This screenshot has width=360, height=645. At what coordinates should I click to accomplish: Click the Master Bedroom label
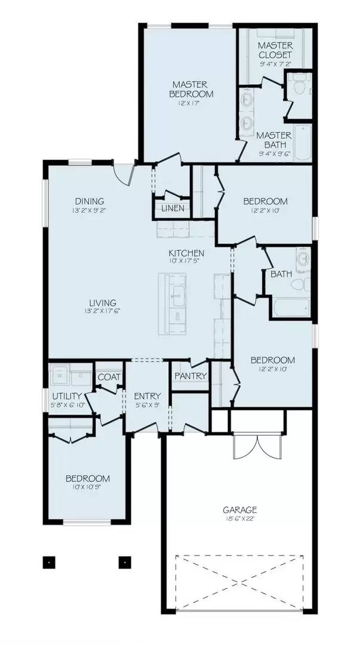(192, 90)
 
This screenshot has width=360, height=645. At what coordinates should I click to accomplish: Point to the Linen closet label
(173, 208)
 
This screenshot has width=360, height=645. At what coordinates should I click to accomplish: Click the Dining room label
(90, 201)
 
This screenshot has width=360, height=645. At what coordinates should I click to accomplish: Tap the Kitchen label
(186, 253)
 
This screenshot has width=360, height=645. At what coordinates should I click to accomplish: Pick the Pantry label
(190, 376)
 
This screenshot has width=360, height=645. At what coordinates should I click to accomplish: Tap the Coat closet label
(109, 377)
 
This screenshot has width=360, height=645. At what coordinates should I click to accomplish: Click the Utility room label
(67, 397)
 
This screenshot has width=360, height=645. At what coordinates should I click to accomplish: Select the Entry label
(146, 396)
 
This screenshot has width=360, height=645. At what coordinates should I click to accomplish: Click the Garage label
(240, 509)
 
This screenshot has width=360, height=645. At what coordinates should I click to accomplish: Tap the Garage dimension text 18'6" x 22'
(240, 518)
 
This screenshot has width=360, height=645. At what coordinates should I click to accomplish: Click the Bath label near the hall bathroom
(281, 275)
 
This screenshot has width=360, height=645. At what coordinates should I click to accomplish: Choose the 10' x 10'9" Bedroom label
(88, 479)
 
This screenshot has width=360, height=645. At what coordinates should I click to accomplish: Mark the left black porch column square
(49, 561)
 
